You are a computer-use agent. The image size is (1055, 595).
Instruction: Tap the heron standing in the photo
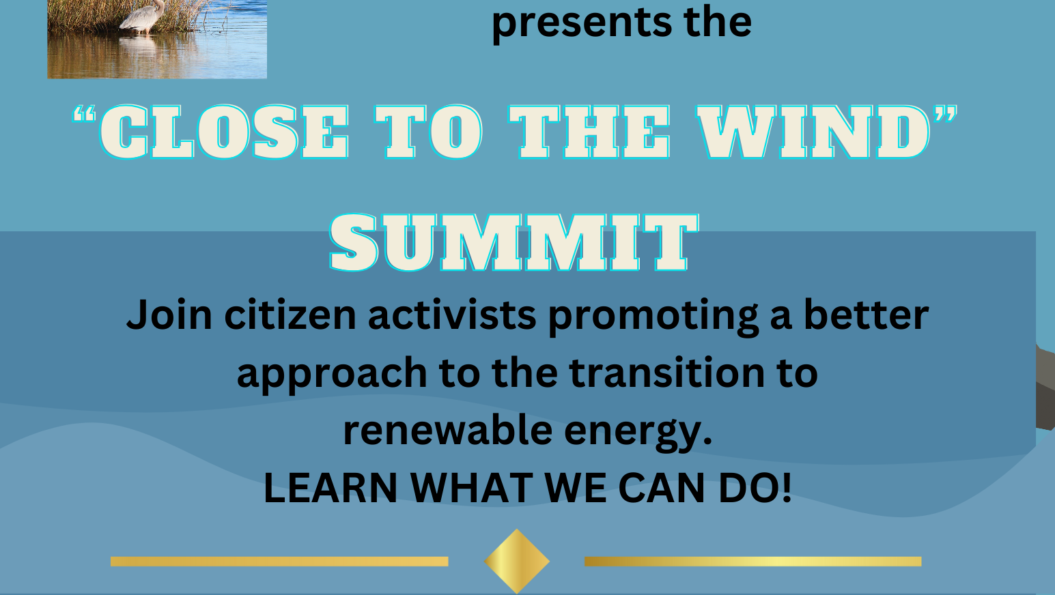(x=143, y=16)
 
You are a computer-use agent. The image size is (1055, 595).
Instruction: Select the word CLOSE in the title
(x=224, y=131)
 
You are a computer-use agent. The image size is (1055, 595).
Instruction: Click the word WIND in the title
(x=814, y=131)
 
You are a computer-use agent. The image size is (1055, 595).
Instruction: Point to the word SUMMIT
(x=514, y=243)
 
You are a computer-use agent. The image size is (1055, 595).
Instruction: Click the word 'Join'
(x=169, y=315)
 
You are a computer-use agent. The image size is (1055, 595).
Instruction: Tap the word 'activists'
(x=452, y=315)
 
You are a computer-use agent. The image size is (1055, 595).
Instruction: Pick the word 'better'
(x=866, y=315)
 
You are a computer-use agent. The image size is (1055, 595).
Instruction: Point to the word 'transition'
(x=667, y=372)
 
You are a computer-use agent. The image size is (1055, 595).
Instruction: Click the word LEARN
(x=330, y=488)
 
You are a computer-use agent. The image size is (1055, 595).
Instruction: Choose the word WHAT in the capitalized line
(x=471, y=488)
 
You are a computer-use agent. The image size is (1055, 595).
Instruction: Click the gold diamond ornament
(x=517, y=561)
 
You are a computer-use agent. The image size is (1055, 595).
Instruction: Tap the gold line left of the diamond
(x=279, y=561)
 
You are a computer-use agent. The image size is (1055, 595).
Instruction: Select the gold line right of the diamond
(x=752, y=561)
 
